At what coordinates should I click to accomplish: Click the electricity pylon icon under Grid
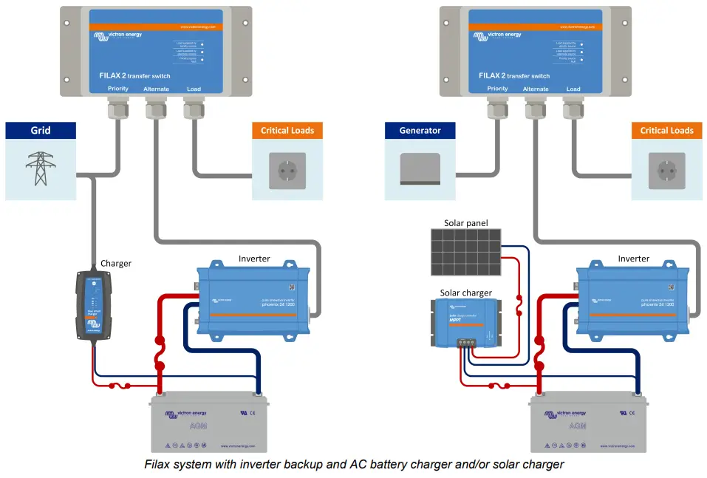click(x=41, y=169)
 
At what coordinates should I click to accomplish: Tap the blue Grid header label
click(x=41, y=131)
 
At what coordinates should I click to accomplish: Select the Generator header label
click(x=420, y=131)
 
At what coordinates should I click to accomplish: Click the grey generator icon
click(x=420, y=169)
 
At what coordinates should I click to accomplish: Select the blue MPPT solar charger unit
click(x=466, y=322)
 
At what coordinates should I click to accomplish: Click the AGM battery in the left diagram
click(x=210, y=424)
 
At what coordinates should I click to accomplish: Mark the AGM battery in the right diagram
click(x=589, y=424)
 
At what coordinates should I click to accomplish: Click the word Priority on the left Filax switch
click(x=118, y=89)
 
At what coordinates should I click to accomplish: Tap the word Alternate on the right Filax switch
click(x=536, y=89)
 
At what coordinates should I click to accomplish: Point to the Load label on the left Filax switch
click(x=194, y=89)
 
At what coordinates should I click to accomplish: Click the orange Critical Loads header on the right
click(x=667, y=131)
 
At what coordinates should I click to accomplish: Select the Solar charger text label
click(x=466, y=293)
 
